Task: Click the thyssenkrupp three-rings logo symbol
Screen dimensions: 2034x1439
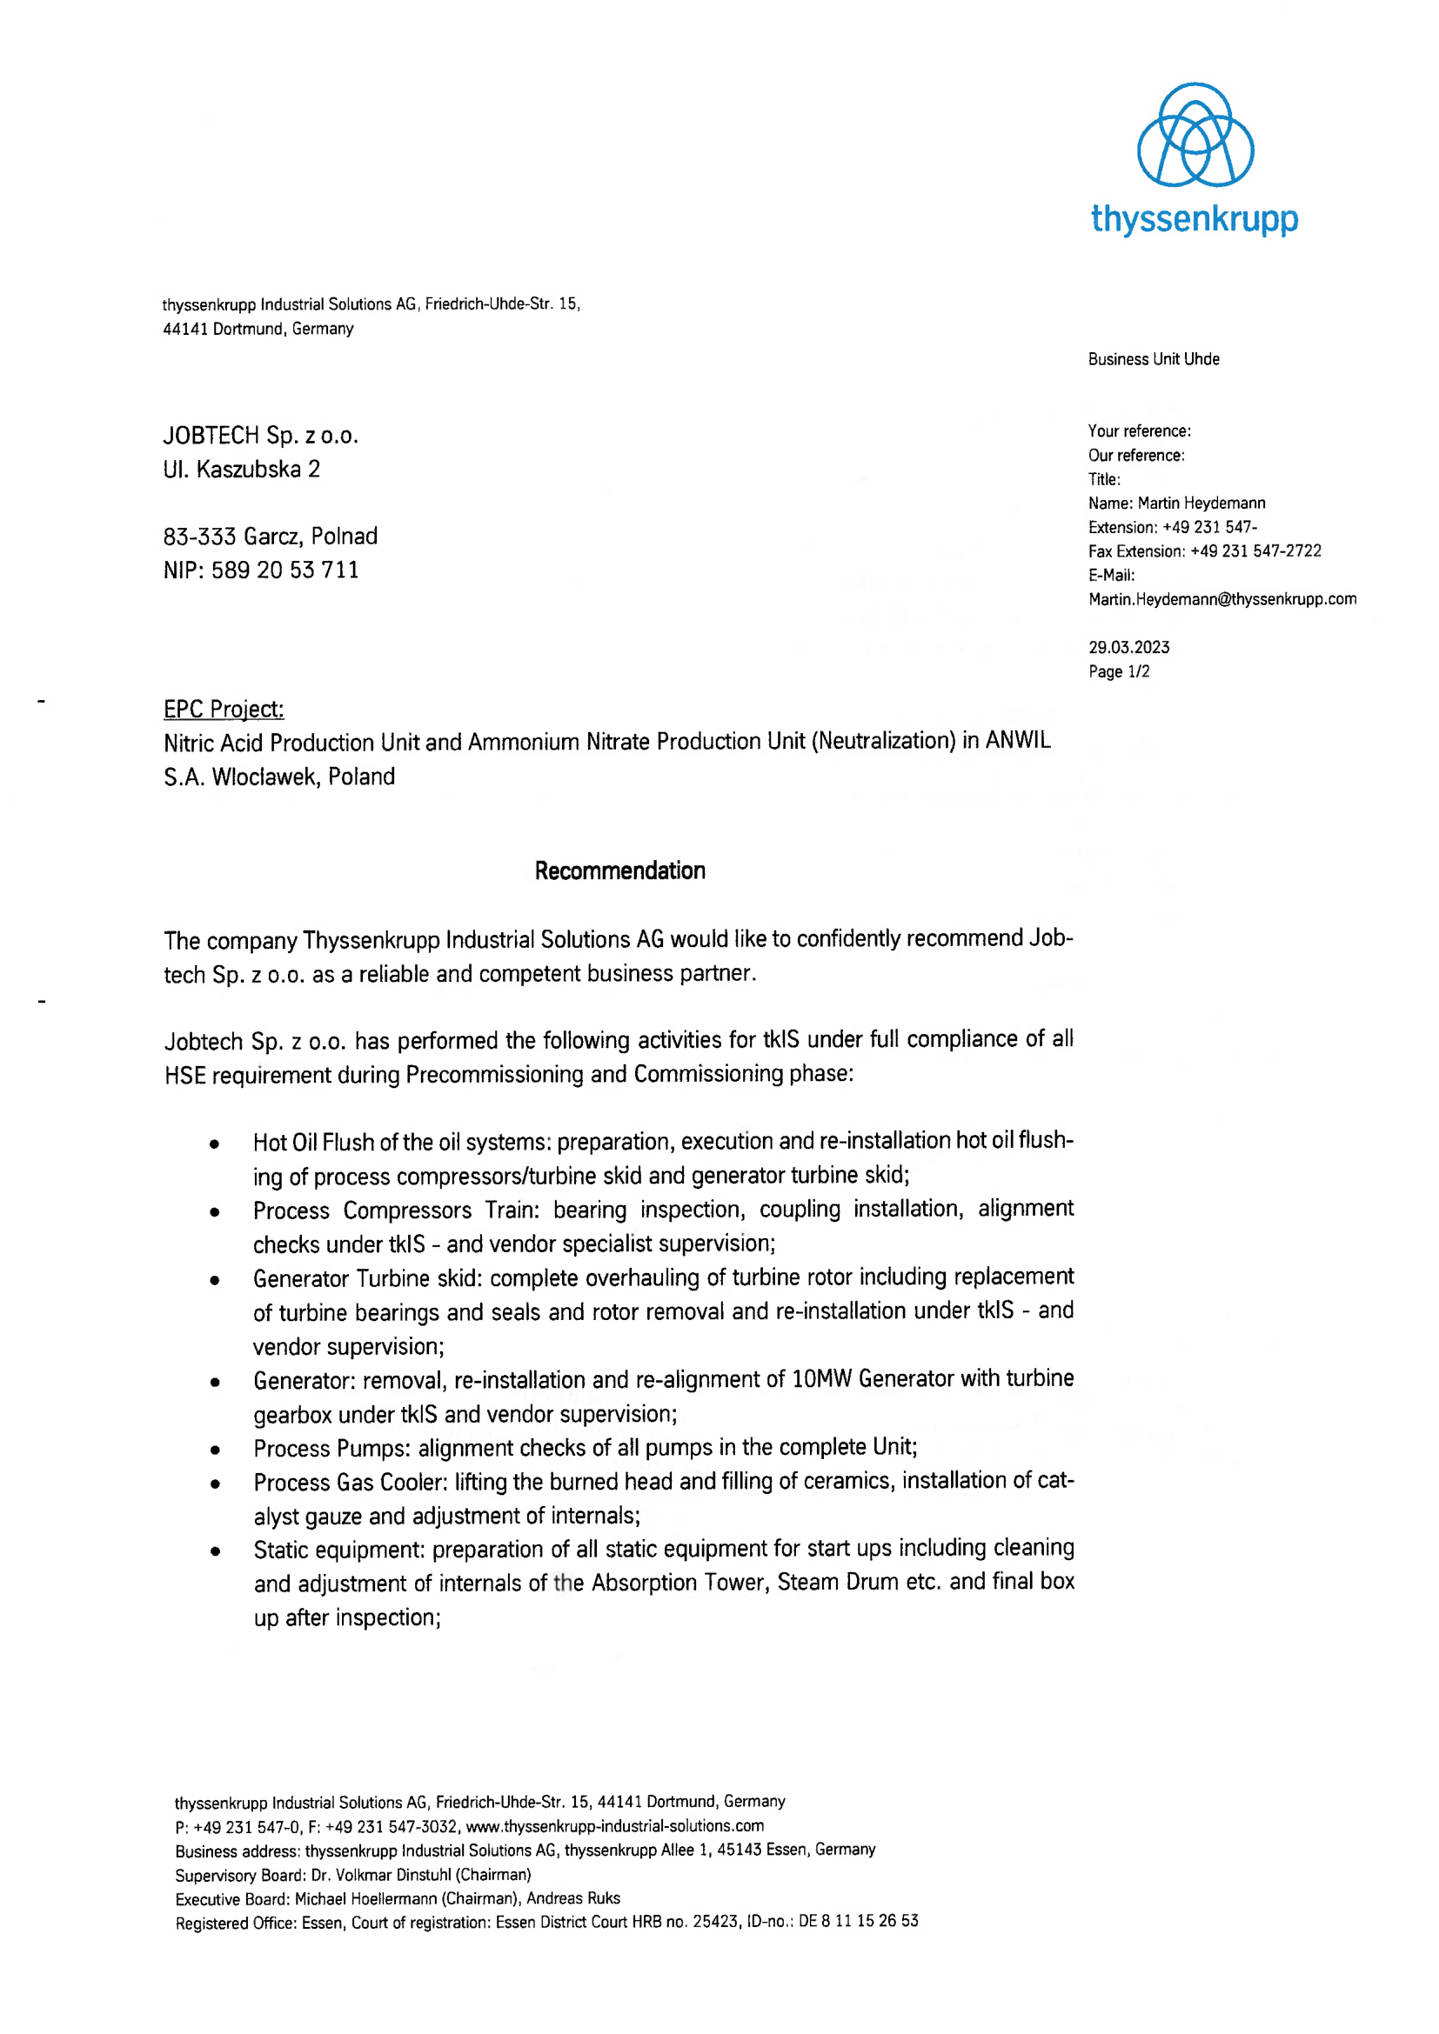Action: tap(1195, 135)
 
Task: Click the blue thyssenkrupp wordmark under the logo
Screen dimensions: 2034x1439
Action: tap(1195, 218)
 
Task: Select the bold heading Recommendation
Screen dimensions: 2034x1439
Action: tap(619, 870)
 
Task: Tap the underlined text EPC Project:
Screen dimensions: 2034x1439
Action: tap(224, 710)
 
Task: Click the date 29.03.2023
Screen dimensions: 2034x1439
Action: tap(1128, 648)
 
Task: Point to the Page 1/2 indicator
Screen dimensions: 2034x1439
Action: tap(1118, 671)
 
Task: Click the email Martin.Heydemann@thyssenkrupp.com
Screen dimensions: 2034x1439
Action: tap(1221, 599)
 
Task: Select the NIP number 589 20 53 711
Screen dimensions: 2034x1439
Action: tap(284, 570)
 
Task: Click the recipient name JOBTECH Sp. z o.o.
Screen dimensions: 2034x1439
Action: tap(260, 435)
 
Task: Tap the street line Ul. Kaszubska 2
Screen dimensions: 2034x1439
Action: tap(241, 469)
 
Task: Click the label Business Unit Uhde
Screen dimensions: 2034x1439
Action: tap(1153, 359)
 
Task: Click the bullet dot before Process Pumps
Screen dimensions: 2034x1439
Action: tap(215, 1450)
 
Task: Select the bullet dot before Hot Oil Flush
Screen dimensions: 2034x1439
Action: tap(215, 1143)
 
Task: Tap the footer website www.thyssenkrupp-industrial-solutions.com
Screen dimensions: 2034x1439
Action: tap(614, 1827)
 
